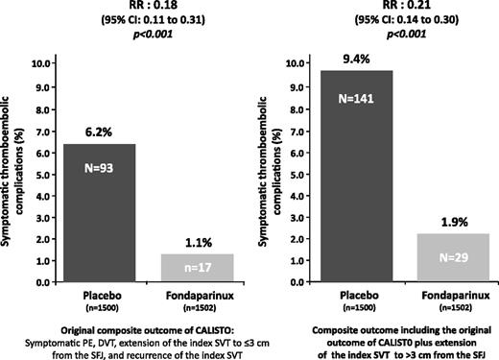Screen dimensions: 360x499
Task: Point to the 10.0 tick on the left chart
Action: (45, 63)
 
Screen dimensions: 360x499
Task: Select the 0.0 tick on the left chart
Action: (45, 283)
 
